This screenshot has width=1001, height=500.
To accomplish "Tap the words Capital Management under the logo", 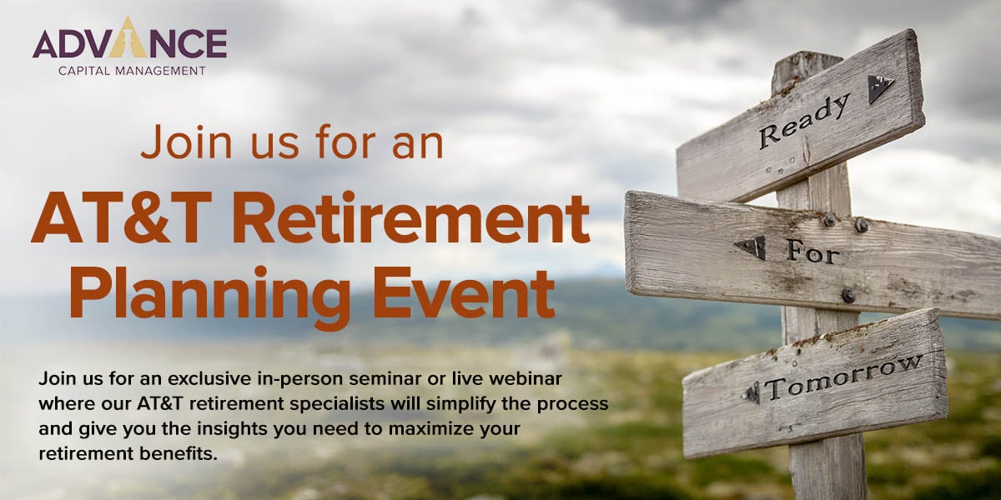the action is coord(133,71).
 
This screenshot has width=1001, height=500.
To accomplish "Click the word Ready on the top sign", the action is coord(804,121).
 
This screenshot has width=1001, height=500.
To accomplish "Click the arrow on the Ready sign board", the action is coord(879,89).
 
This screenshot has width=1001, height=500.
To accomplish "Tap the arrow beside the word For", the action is coord(750,248).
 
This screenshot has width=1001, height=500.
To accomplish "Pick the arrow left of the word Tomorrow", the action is coord(752,393).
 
